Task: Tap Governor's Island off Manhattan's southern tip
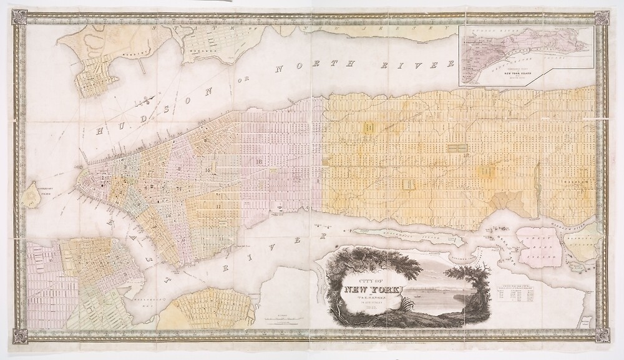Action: pos(31,195)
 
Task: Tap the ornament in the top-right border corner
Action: pos(603,19)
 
